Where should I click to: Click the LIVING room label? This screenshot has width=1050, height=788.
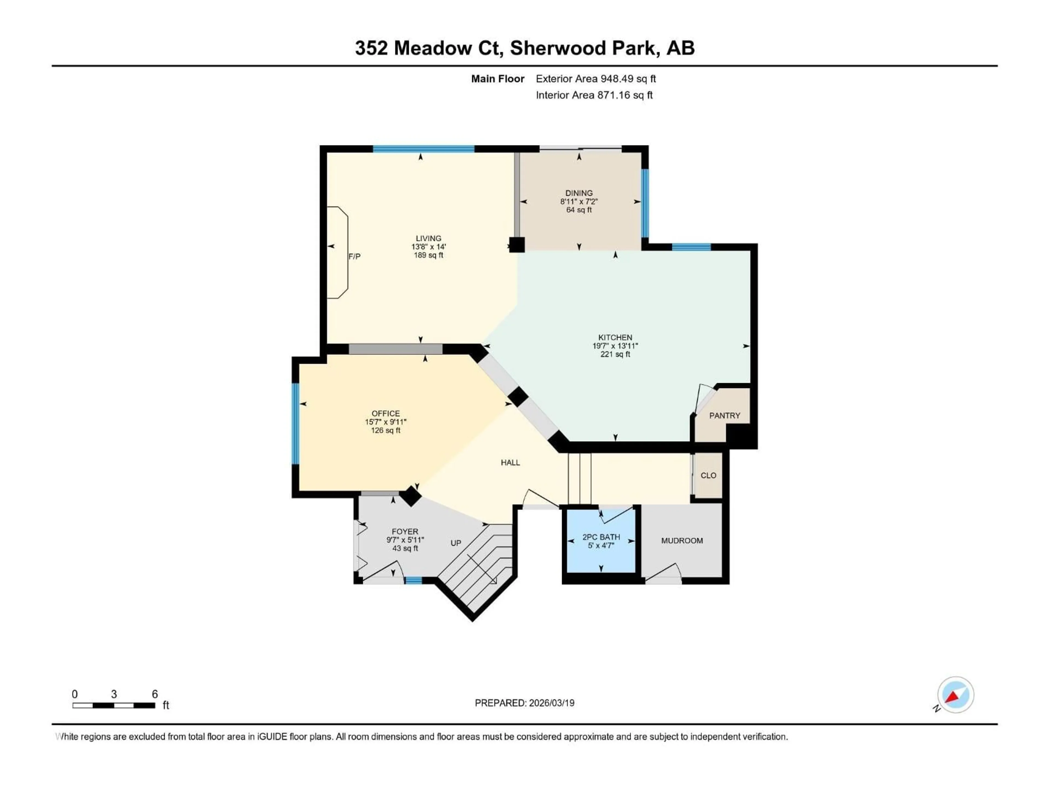[428, 238]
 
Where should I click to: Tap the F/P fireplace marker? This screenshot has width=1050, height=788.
[354, 256]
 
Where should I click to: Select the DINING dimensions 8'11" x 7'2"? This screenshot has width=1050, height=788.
[579, 201]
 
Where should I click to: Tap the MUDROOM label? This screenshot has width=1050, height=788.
[682, 541]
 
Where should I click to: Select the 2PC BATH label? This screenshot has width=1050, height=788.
[601, 537]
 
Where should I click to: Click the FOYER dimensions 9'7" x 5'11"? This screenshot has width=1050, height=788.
[405, 540]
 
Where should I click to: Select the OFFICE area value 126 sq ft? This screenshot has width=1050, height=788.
[386, 430]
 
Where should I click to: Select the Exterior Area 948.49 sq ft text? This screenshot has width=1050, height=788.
[596, 79]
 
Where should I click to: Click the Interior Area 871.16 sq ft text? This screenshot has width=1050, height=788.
[594, 95]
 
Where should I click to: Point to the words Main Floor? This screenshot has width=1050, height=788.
[497, 79]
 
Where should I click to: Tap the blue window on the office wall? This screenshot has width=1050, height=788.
[295, 423]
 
